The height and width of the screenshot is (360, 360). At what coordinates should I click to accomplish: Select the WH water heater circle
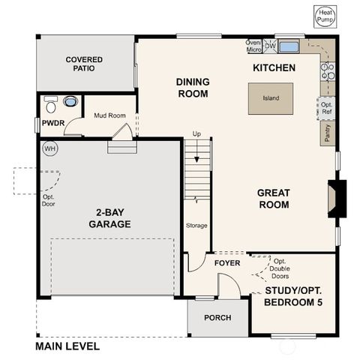50,148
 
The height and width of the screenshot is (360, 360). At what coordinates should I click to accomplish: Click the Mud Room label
109,115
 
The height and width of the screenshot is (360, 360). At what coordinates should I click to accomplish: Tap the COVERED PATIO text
84,64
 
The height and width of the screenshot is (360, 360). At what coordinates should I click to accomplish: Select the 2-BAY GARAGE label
109,218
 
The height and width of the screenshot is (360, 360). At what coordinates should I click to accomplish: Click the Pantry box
328,133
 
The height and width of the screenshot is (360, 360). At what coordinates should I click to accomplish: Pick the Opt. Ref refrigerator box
327,108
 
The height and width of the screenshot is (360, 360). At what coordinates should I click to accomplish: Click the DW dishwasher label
270,46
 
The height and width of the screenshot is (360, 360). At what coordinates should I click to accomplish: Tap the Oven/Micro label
253,46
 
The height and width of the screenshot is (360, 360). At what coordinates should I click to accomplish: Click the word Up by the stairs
197,133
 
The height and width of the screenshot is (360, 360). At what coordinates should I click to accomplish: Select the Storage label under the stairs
196,225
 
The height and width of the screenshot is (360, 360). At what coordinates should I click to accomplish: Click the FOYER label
226,264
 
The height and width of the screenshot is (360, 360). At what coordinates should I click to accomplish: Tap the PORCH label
217,317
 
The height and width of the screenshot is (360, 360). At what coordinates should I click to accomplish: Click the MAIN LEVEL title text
67,347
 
